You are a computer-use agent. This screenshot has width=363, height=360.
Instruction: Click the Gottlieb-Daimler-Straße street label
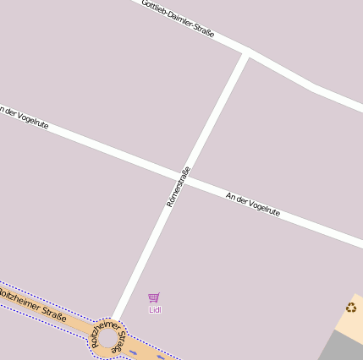pos(178,19)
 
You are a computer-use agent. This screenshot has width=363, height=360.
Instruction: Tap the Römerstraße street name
pos(179,187)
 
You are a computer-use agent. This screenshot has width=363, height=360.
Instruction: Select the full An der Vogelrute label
pos(253,205)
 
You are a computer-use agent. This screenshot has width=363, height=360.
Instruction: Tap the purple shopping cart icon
pos(154,297)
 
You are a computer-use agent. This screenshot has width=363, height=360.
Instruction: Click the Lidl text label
pos(155,310)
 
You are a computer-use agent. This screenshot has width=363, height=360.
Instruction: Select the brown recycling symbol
pos(351,308)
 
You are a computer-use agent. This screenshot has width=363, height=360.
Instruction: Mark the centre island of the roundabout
pos(107,340)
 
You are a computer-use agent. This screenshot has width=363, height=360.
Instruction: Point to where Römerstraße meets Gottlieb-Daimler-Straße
pos(246,55)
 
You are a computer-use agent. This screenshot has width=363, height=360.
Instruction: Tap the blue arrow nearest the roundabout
pos(135,352)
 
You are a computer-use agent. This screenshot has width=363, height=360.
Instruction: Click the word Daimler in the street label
pos(179,19)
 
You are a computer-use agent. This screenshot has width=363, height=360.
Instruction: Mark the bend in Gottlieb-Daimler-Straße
pos(313,87)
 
